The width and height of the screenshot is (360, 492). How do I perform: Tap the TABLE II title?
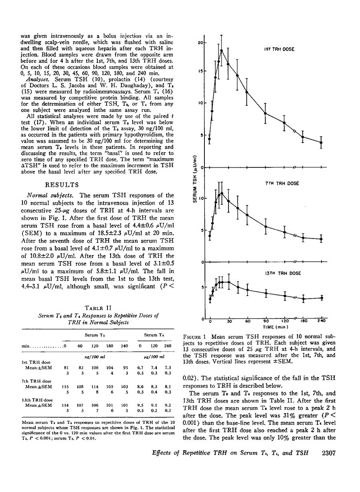[89, 307]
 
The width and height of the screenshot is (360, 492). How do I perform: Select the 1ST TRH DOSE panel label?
[279, 49]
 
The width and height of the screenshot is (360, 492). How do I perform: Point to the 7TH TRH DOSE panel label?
[279, 184]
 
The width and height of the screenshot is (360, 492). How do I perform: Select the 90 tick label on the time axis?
[266, 321]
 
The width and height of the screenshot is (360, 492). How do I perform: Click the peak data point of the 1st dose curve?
[221, 50]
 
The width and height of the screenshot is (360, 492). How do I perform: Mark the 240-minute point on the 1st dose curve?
[321, 142]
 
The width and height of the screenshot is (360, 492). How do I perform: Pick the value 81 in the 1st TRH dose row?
[67, 366]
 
